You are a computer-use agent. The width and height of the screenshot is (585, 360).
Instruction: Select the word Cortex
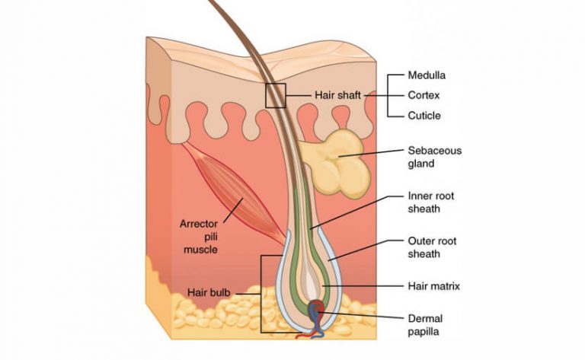click(x=423, y=96)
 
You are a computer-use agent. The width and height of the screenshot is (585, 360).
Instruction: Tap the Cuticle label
click(x=424, y=116)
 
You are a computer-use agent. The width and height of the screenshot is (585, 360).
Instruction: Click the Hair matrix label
click(x=434, y=286)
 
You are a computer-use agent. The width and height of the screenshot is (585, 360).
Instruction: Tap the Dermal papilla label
click(x=425, y=325)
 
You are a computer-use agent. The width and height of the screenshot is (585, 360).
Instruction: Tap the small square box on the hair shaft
click(x=275, y=96)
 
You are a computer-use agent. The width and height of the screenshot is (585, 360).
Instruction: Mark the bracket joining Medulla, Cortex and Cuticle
click(x=390, y=96)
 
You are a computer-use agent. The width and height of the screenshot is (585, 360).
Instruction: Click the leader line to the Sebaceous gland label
click(x=373, y=155)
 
